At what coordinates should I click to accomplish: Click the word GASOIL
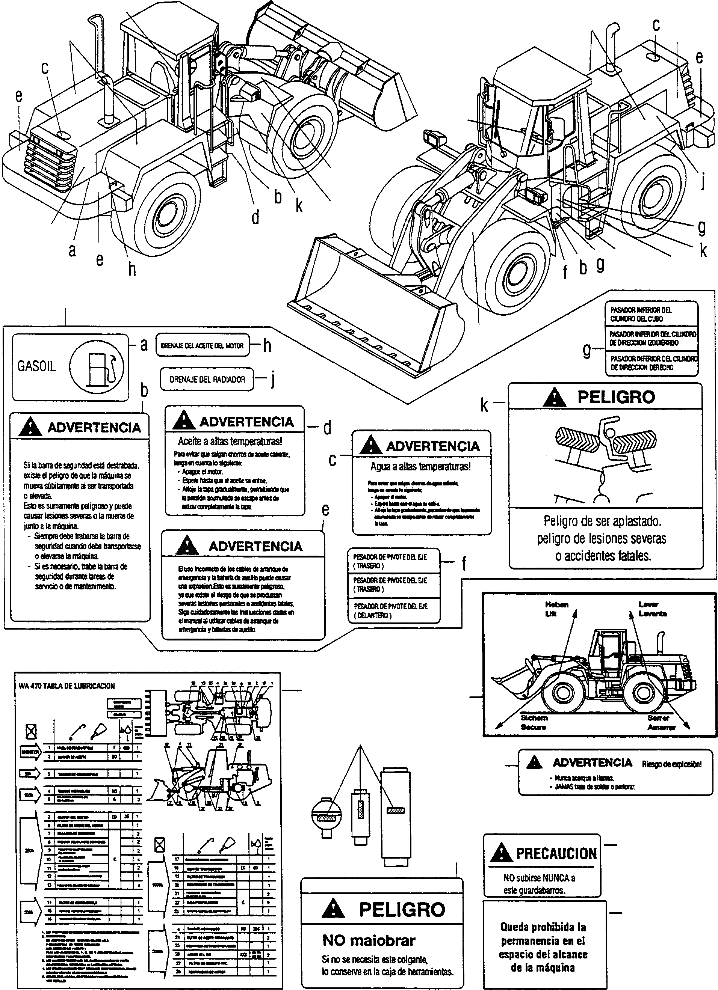(37, 366)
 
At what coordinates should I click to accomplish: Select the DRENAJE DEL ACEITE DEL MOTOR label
(202, 346)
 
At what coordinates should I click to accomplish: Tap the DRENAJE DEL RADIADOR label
(207, 379)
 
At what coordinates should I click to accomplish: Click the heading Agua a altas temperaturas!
(420, 466)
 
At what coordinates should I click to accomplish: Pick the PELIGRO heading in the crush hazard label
(616, 397)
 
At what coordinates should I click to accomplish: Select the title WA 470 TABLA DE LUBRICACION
(67, 686)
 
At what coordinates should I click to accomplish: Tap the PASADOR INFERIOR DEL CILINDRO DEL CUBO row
(641, 314)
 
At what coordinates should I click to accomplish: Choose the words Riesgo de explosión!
(672, 764)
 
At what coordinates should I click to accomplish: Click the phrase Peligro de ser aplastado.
(602, 521)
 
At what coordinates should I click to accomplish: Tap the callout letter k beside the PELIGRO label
(484, 405)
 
